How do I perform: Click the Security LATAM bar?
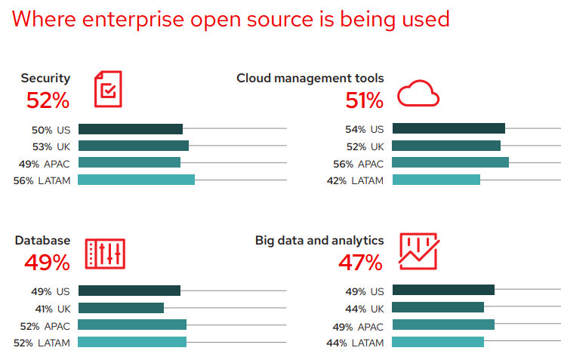(136, 180)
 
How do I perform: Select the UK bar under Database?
(121, 308)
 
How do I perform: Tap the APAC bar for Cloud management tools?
(451, 163)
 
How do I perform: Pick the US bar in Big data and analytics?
(443, 291)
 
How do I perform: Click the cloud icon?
(418, 94)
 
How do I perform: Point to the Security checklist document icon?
(108, 89)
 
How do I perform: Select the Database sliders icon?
(105, 254)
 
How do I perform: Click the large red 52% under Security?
(48, 100)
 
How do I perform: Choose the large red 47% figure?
(360, 263)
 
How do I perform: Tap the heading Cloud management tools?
(310, 78)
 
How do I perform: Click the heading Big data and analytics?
(319, 241)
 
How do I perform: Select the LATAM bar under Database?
(132, 342)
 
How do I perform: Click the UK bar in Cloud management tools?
(446, 146)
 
